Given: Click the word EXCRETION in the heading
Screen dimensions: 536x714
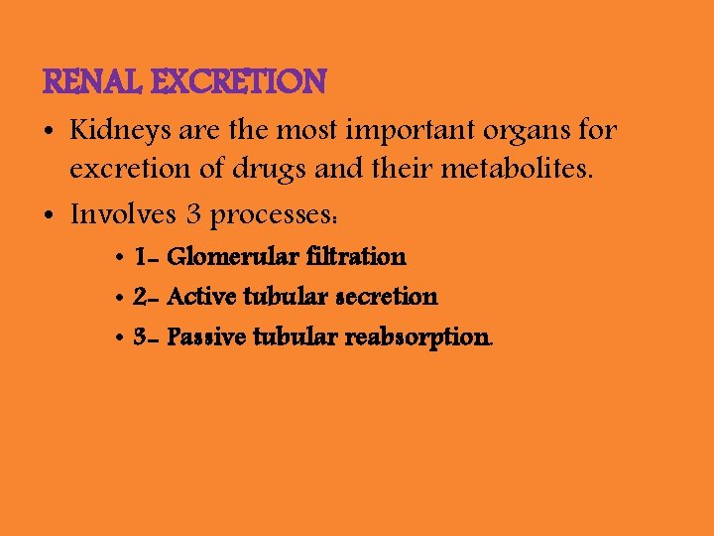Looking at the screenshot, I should tap(238, 81).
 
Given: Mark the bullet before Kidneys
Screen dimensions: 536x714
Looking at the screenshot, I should tap(49, 131).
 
